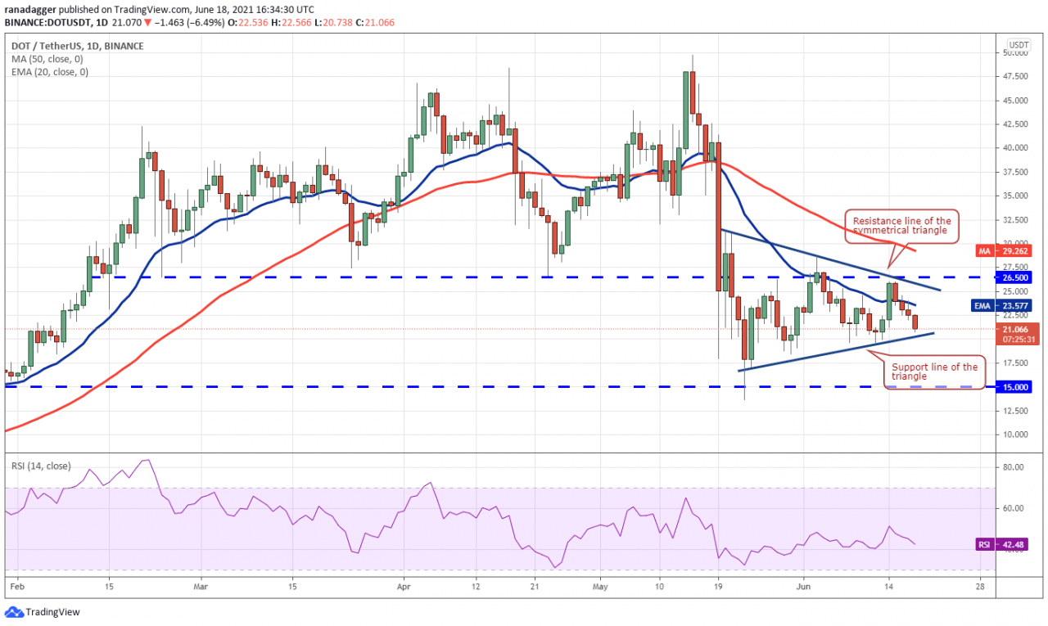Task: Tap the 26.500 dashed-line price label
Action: coord(1019,277)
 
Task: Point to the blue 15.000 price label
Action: coord(1019,387)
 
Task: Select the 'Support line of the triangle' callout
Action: coord(934,372)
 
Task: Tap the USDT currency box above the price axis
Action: coord(1019,44)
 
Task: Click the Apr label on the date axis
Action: coord(401,587)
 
